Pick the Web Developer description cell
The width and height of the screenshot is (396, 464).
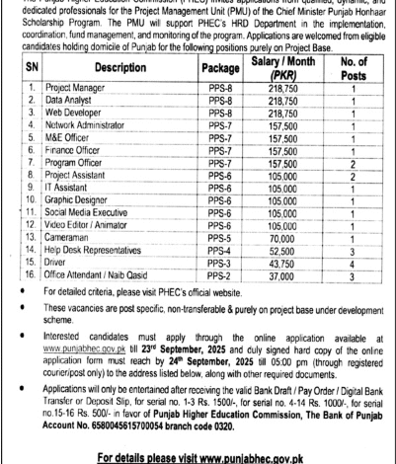click(x=76, y=114)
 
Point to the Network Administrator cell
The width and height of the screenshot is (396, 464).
click(x=91, y=127)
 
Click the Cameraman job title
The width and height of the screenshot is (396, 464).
click(x=70, y=238)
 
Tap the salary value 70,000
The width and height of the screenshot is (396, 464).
click(x=283, y=238)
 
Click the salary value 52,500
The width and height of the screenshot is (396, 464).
click(x=283, y=252)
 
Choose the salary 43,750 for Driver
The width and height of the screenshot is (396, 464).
click(x=283, y=266)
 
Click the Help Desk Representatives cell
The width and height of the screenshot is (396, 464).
click(x=100, y=252)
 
